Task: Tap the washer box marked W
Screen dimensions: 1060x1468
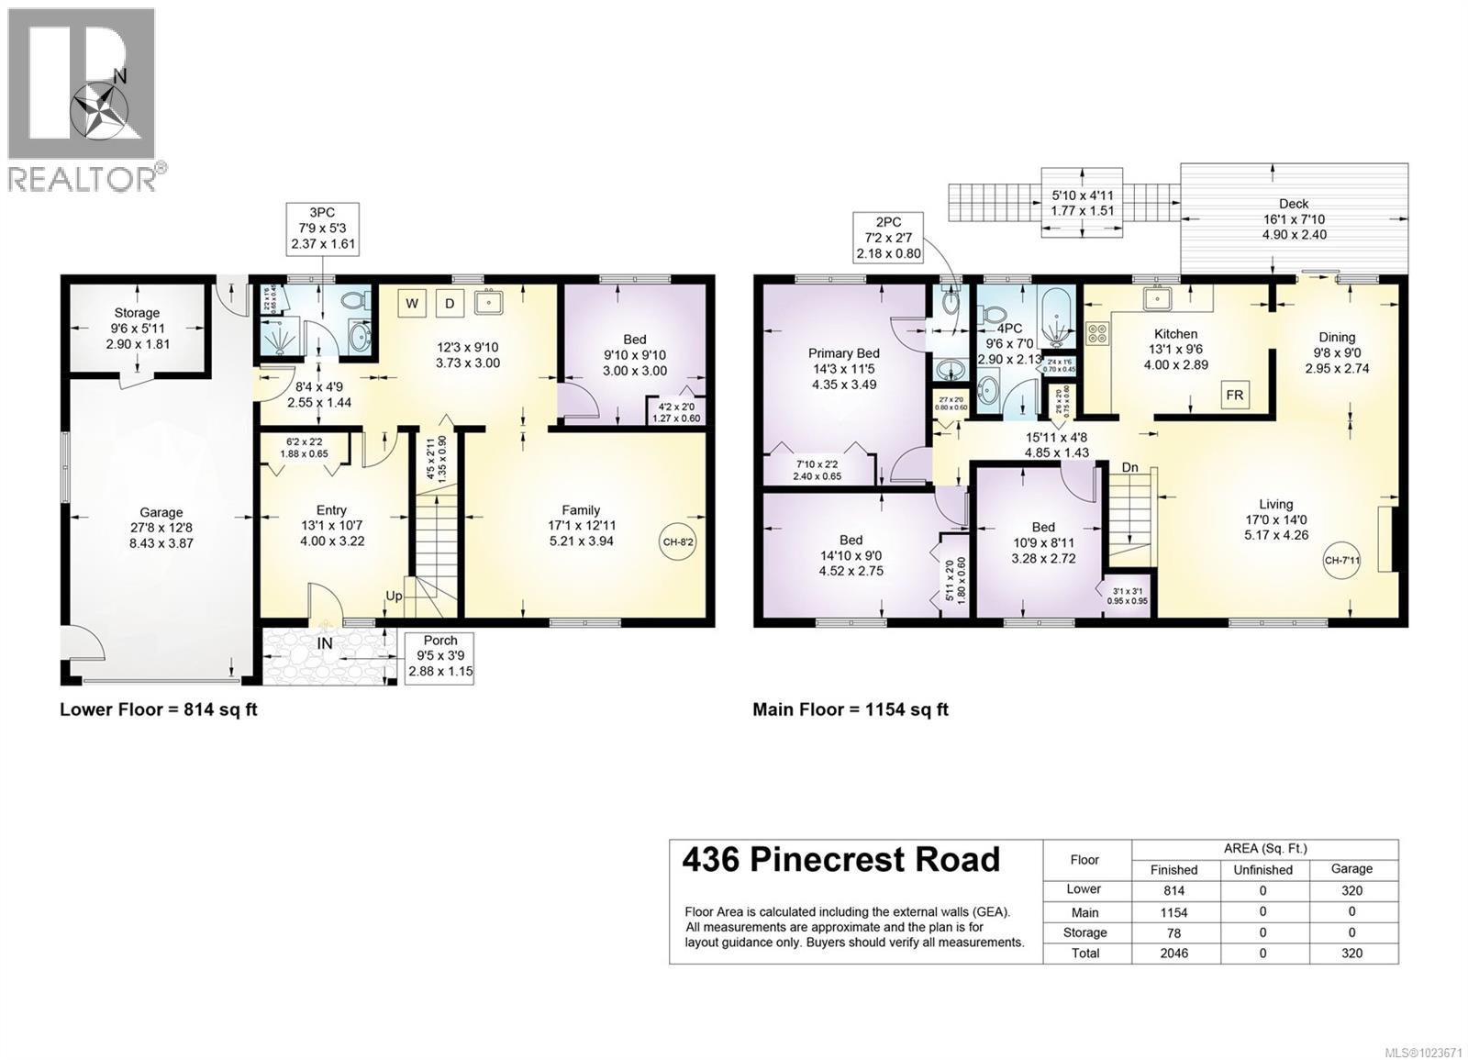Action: (x=412, y=303)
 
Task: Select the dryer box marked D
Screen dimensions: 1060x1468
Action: (x=450, y=303)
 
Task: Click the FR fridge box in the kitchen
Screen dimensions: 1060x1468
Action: (x=1234, y=395)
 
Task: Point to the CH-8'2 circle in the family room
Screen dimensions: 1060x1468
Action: (x=678, y=541)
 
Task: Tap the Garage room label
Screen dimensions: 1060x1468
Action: (x=161, y=512)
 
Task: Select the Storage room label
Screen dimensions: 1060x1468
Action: (x=137, y=313)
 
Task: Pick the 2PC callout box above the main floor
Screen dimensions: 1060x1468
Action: (x=888, y=237)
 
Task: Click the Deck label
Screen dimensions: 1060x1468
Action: (x=1294, y=204)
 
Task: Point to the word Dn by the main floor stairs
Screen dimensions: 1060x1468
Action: (x=1129, y=467)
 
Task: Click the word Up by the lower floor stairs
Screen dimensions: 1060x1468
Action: (x=394, y=596)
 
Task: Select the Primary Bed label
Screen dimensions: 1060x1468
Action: (x=843, y=352)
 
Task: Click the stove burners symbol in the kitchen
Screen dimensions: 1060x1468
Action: (x=1097, y=333)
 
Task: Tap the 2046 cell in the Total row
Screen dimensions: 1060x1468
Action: (x=1173, y=953)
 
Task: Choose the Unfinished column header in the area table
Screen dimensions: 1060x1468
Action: (x=1262, y=869)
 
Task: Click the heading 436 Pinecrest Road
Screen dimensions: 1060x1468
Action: (x=840, y=860)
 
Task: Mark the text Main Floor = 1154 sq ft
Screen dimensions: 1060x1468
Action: (x=850, y=709)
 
